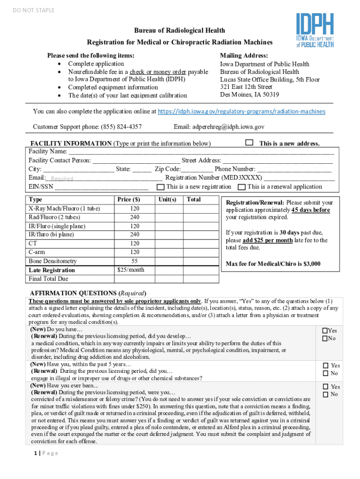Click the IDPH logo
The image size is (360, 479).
click(x=315, y=30)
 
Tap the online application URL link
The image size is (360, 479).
click(x=241, y=112)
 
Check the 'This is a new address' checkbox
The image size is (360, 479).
click(x=249, y=142)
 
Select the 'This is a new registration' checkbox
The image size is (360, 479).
click(x=160, y=187)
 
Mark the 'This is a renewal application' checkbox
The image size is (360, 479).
click(x=241, y=187)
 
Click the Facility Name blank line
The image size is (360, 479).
click(x=201, y=152)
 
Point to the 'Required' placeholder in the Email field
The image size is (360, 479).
click(x=62, y=179)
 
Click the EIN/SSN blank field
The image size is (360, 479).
click(x=101, y=187)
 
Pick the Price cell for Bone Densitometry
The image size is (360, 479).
click(x=135, y=261)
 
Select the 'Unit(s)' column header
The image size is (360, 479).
click(x=167, y=200)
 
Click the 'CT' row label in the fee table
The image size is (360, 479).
click(x=33, y=243)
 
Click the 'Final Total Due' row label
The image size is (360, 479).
click(x=48, y=279)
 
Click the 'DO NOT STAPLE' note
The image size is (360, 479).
click(x=34, y=10)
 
